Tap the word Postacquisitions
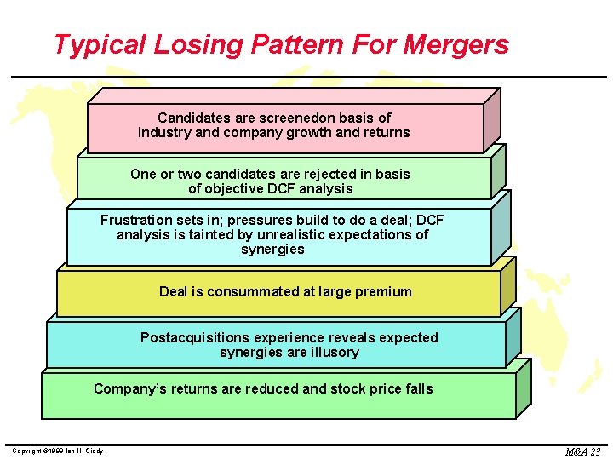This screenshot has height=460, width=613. (195, 337)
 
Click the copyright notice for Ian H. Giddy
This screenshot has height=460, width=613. (58, 451)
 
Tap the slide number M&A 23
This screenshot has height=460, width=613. (583, 451)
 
